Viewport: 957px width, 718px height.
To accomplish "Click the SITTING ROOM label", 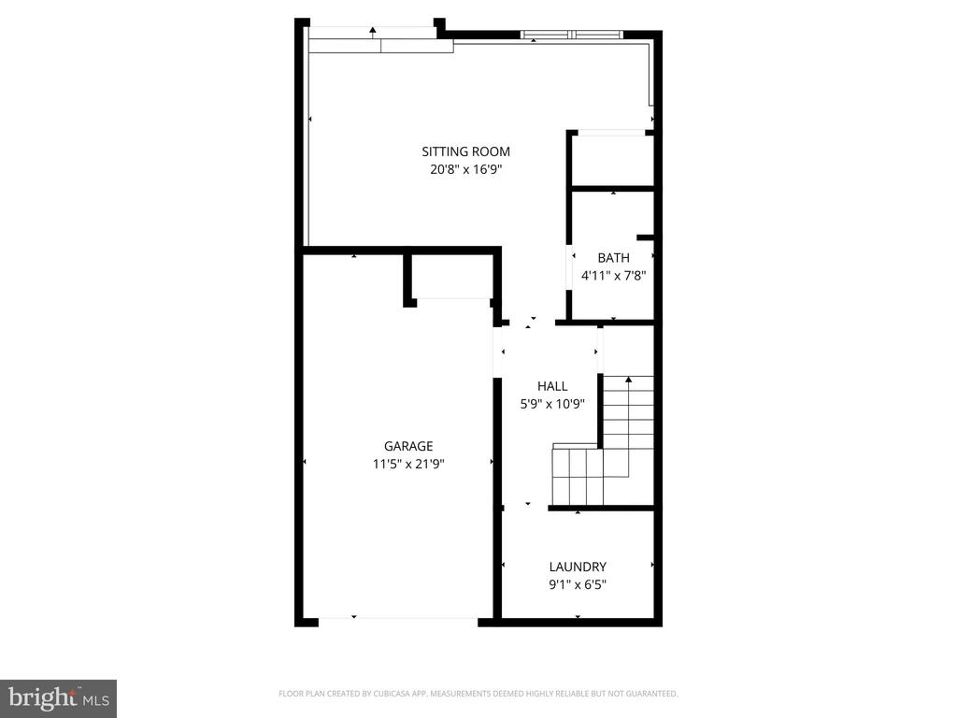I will (x=465, y=151).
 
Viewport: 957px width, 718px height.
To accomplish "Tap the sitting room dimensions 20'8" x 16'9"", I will (x=465, y=169).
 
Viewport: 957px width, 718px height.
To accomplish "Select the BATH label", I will (x=613, y=258).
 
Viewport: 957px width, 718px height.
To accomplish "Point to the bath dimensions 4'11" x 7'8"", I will (x=613, y=276).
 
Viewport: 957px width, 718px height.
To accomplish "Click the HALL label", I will (x=552, y=386).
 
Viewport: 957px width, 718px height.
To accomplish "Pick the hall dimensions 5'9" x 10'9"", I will (x=552, y=404).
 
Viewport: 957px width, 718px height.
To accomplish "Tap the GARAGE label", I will (x=408, y=446).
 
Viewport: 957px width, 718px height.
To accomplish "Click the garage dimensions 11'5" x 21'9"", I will (x=408, y=464).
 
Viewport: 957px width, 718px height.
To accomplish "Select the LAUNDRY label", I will (x=578, y=567).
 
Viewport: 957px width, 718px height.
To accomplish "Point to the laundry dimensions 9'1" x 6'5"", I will (x=578, y=584).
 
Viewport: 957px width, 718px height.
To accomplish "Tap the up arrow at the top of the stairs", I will (x=627, y=379).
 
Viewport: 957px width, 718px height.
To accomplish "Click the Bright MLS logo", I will (x=58, y=697).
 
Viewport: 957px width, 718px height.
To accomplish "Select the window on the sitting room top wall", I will (x=571, y=36).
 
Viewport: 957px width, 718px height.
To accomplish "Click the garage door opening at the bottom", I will (x=399, y=619).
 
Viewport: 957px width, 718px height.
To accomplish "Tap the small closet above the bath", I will (x=612, y=161).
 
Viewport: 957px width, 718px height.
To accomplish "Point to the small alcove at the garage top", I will (x=452, y=278).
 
